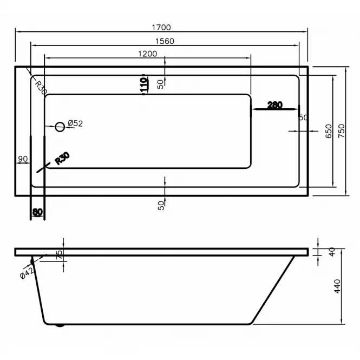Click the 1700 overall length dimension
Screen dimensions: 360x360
[x=161, y=28]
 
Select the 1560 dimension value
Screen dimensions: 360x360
[x=165, y=41]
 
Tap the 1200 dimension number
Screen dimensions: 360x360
[x=147, y=54]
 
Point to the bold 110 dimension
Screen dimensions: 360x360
[x=143, y=84]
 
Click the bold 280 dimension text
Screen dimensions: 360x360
[x=275, y=105]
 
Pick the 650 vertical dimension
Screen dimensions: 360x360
[x=329, y=131]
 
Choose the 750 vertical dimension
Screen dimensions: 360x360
[x=342, y=131]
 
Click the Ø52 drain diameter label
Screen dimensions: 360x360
[x=75, y=123]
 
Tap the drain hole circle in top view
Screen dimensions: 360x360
[x=60, y=122]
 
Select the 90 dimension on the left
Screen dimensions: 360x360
[x=23, y=159]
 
